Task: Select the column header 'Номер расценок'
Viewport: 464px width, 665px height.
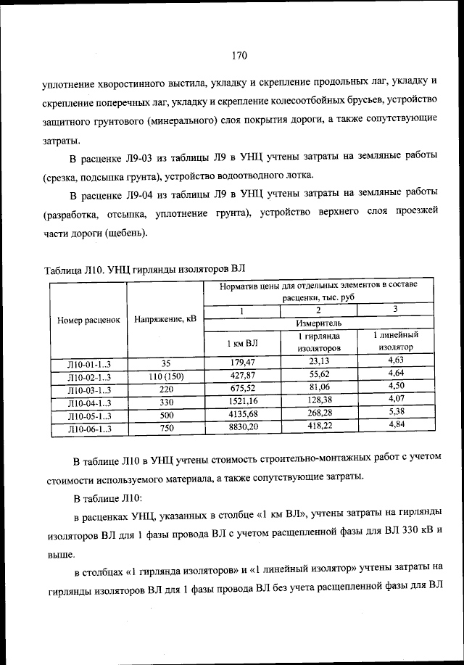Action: click(88, 320)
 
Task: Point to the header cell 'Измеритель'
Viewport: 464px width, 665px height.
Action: click(319, 323)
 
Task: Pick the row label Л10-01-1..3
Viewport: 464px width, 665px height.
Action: click(88, 361)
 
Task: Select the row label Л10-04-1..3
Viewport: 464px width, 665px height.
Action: click(88, 402)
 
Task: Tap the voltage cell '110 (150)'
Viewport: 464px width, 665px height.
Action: click(165, 375)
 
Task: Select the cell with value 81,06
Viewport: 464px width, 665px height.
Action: click(319, 388)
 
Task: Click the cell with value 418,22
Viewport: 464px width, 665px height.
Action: click(319, 429)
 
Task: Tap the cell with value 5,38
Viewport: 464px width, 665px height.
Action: click(396, 415)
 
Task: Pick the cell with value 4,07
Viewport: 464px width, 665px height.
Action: click(396, 401)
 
